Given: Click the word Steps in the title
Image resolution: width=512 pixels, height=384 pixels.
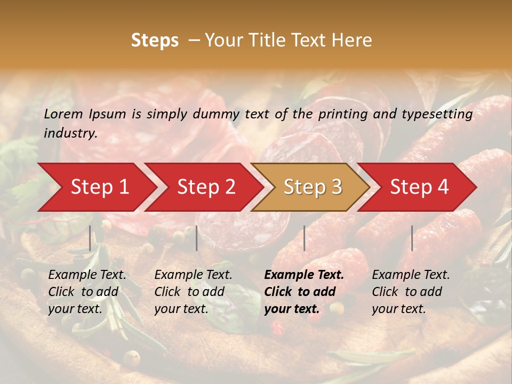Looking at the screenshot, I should coord(155,41).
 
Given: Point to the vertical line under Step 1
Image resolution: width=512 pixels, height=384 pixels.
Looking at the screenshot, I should coord(90,238).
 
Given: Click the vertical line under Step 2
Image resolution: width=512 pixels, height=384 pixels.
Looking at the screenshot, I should coord(197,238).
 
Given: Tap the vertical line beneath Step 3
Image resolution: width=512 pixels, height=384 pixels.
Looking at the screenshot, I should coord(305,238).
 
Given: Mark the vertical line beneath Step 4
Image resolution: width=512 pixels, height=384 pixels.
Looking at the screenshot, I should coord(412,238).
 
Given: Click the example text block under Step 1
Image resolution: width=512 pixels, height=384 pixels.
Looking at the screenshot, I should coord(87,292).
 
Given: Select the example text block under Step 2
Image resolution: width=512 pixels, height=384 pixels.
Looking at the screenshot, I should coord(193,292).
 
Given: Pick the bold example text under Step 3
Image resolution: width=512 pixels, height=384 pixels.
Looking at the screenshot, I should coord(304,292).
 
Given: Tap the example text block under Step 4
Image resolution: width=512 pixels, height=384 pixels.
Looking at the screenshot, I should coord(411,292).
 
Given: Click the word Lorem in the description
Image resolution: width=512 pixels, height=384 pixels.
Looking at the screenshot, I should coord(63,114).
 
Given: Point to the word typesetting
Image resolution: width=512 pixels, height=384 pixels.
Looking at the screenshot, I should coord(442,114).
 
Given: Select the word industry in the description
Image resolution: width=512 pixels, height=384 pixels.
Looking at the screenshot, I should coord(70,133).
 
